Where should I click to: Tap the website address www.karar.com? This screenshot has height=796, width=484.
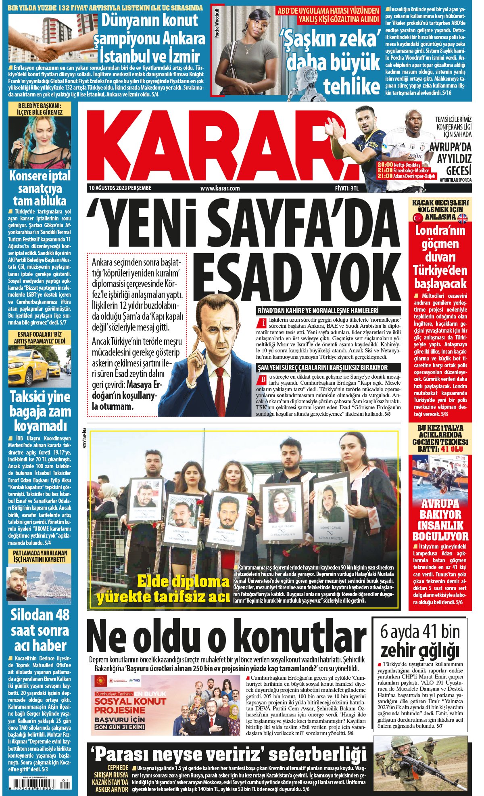[x=220, y=188]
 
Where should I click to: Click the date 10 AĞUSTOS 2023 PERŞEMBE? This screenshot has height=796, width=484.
[x=120, y=188]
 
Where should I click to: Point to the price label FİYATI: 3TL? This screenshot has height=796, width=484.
[x=346, y=188]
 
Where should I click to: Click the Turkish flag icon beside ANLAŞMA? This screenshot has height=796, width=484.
[x=417, y=218]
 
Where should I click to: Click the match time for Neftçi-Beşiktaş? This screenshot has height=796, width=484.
[x=385, y=165]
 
